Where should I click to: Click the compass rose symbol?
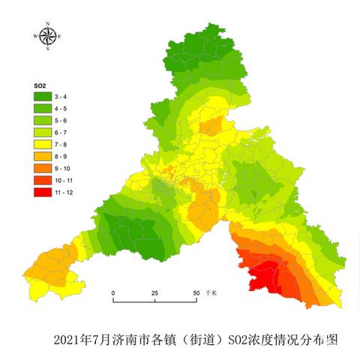click(x=47, y=36)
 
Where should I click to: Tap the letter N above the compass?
click(x=47, y=24)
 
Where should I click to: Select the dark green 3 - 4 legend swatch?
click(x=40, y=97)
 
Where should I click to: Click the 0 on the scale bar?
click(x=113, y=292)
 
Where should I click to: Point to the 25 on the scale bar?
click(x=154, y=292)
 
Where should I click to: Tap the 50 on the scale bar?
click(x=196, y=292)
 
